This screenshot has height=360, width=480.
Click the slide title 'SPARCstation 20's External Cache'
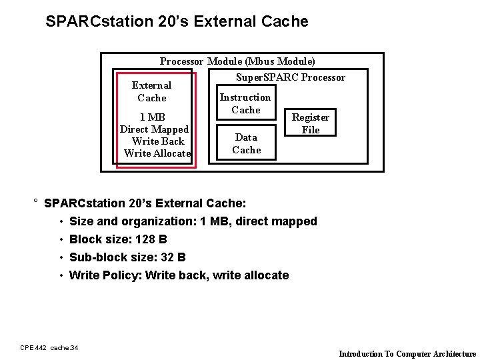(177, 21)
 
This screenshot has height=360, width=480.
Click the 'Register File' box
(311, 123)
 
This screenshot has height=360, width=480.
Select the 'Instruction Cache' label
(245, 103)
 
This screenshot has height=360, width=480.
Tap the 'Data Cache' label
(246, 143)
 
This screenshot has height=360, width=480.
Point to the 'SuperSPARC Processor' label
(291, 77)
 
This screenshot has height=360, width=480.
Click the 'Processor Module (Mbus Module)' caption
(237, 61)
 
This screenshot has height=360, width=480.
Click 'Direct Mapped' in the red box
(154, 129)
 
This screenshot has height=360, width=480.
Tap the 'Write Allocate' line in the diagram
(157, 153)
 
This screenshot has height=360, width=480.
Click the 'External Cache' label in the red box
(151, 91)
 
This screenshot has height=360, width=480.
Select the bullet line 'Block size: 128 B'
(118, 239)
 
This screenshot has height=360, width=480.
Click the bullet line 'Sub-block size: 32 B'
(127, 257)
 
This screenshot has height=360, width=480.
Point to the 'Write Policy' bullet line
(179, 275)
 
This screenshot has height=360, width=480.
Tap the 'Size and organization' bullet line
(193, 221)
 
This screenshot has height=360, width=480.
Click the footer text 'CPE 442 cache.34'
(49, 347)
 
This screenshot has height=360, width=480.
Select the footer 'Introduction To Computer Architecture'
(407, 354)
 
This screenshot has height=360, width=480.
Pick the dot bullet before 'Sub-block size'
(61, 258)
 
